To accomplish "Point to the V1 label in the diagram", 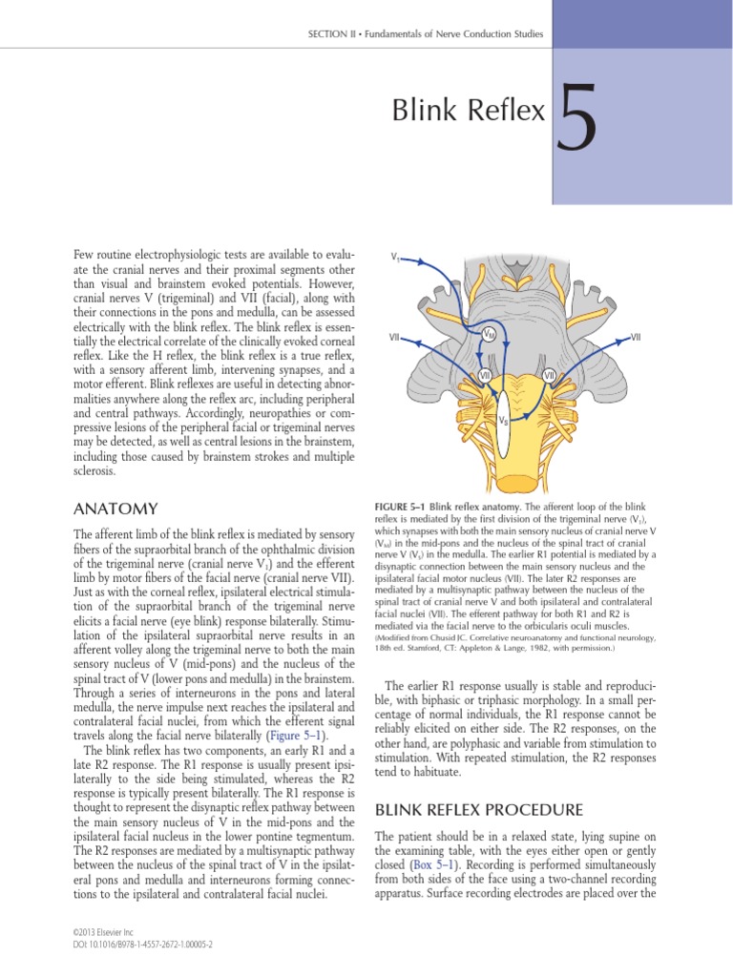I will (x=395, y=258).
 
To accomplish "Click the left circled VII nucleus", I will (x=457, y=376).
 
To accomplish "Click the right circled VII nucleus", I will (x=549, y=376).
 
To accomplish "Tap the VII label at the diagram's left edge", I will (x=394, y=337).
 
